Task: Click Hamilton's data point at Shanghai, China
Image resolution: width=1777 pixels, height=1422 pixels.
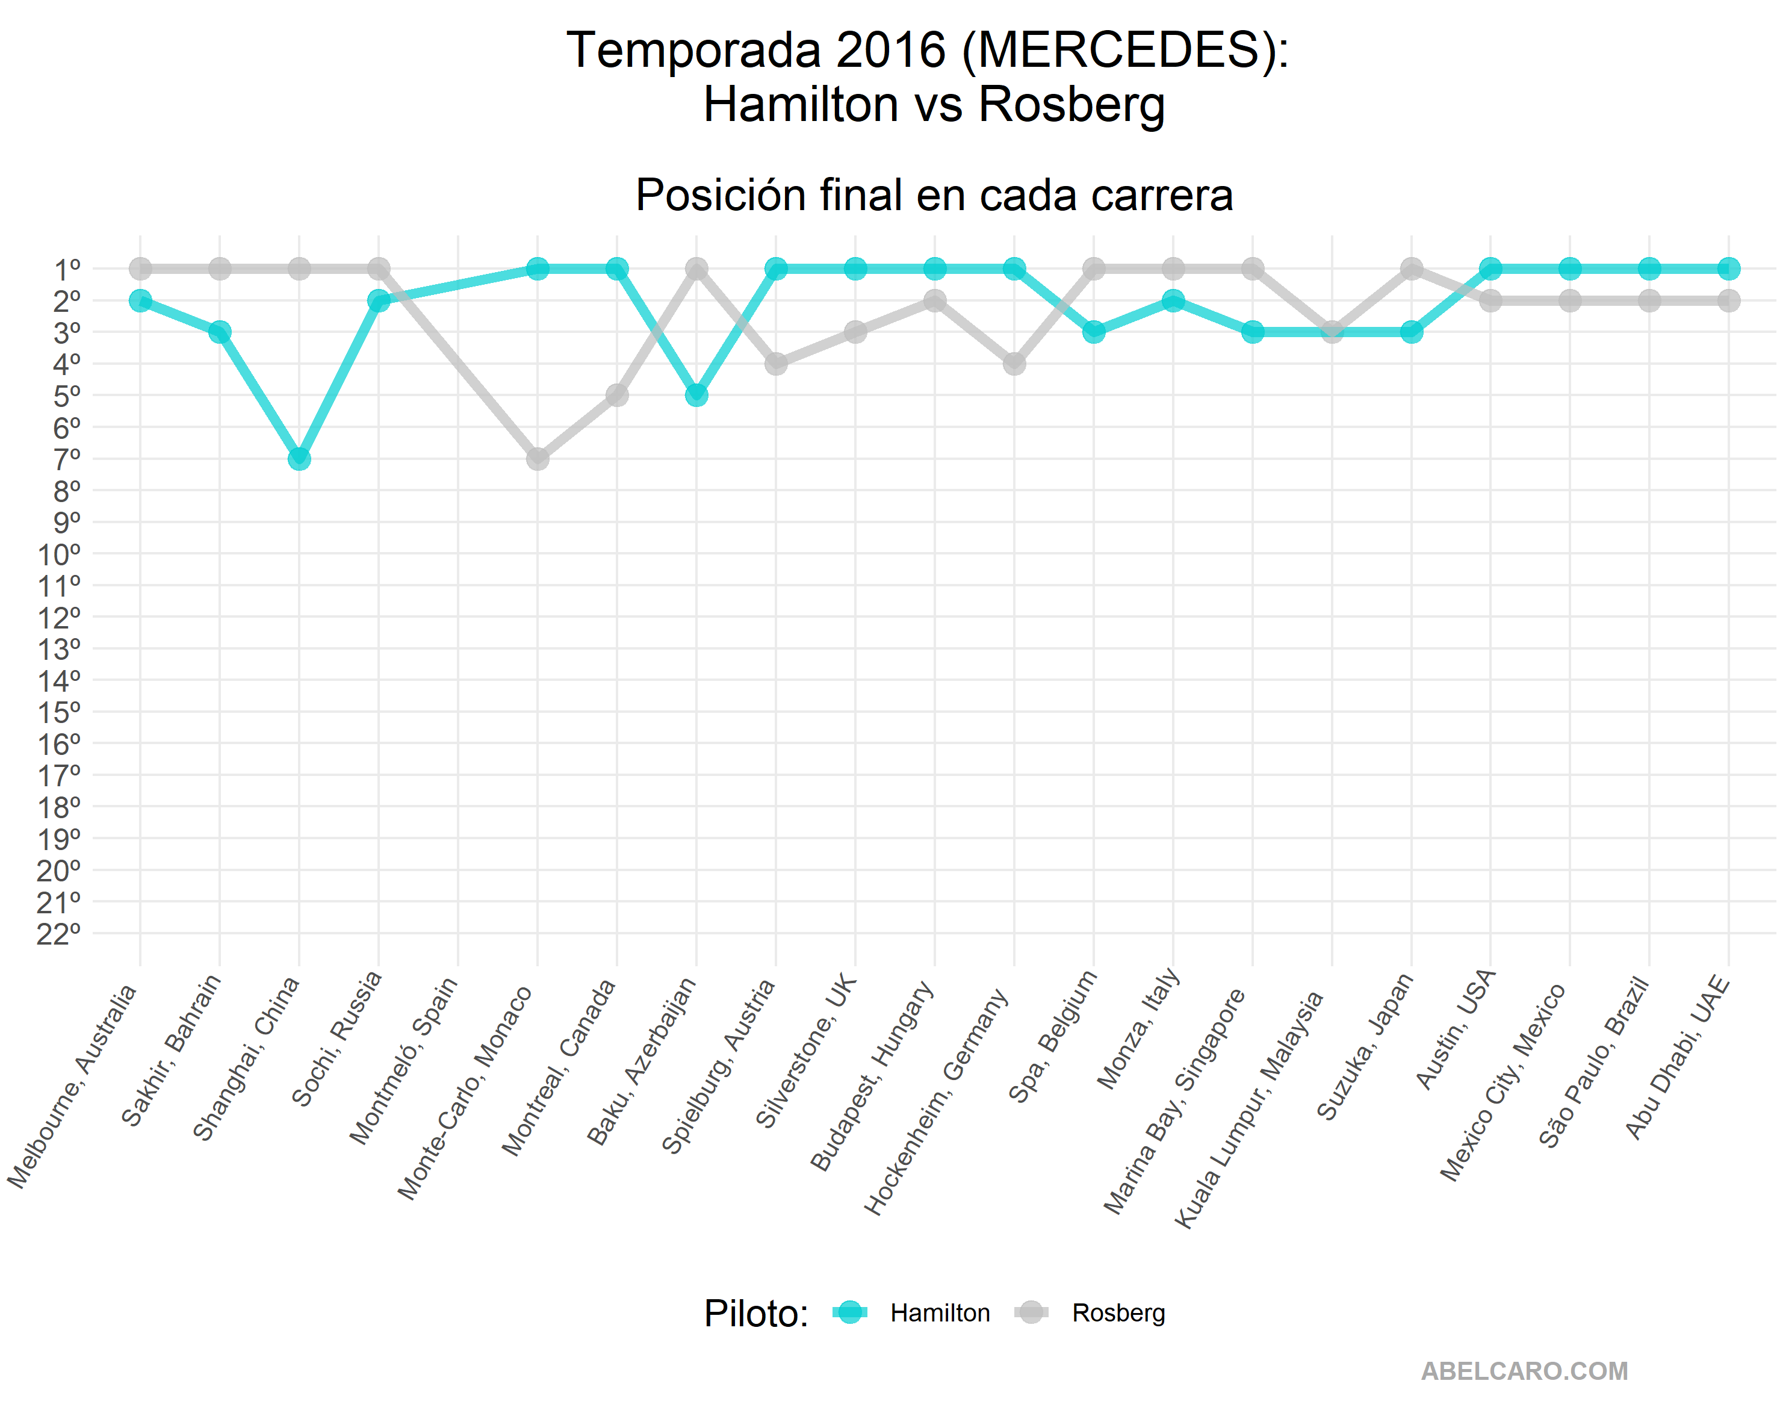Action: pos(299,458)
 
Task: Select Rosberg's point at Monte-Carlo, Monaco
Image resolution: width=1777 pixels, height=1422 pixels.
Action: pos(538,458)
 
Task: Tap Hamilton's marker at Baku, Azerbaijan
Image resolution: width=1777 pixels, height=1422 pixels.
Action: pos(696,395)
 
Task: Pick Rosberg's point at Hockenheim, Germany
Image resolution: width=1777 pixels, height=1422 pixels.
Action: pos(1014,364)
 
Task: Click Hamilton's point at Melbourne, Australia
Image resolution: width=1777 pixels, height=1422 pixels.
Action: pos(140,300)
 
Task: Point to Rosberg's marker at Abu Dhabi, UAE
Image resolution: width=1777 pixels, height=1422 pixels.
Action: pos(1728,300)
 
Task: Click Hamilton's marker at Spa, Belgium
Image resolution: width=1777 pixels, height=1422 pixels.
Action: pos(1094,331)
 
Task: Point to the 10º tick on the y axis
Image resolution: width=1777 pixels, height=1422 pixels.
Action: pos(60,554)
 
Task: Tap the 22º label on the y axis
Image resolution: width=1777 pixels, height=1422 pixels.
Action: pos(60,934)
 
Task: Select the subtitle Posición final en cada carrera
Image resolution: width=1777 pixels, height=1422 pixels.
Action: pos(934,196)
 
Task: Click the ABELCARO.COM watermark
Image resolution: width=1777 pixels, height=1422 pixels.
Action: pos(1524,1371)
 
